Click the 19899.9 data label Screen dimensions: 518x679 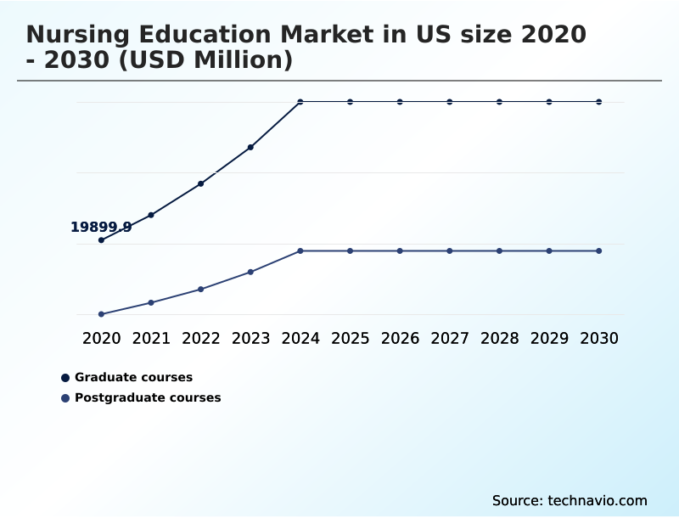coord(101,227)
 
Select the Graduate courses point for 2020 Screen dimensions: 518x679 coord(101,240)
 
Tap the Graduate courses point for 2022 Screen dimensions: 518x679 coord(201,183)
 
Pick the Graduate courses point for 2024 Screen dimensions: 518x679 coord(300,102)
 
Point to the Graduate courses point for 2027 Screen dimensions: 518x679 coord(450,102)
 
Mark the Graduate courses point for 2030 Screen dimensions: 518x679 coord(599,102)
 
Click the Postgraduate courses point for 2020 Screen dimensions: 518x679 coord(101,314)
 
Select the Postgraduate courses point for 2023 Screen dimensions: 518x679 coord(250,272)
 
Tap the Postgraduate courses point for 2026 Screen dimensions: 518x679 coord(400,251)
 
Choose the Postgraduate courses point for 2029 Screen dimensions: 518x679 coord(549,251)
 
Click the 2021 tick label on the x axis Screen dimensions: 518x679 coord(151,339)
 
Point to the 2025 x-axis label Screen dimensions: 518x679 coord(350,339)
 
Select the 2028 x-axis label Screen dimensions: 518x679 coord(499,339)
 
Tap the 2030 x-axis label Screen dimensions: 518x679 coord(599,339)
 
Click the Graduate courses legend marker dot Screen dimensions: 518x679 coord(65,378)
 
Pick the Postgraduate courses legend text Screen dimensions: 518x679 coord(148,397)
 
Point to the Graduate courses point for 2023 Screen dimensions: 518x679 coord(250,148)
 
